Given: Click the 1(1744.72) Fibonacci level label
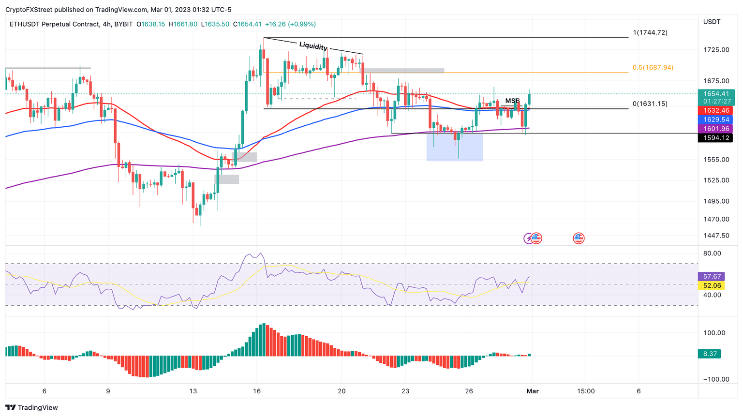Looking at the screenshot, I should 650,32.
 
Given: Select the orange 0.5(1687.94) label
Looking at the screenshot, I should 653,67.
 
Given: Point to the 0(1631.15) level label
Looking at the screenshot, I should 650,104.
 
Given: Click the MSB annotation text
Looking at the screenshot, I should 512,101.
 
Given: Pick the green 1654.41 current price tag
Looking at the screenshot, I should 716,94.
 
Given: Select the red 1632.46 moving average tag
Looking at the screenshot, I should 716,111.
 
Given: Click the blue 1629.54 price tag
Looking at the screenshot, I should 716,119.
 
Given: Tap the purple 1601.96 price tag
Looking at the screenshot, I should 716,129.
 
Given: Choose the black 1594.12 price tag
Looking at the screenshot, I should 716,138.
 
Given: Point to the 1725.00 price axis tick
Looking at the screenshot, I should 716,50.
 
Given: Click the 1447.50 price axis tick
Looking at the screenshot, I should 716,236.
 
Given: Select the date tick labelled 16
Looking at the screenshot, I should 257,391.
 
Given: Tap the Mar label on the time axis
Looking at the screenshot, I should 533,391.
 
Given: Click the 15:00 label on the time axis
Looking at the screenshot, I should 585,391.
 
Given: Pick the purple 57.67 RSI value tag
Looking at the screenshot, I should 712,277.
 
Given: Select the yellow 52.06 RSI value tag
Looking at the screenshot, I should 712,286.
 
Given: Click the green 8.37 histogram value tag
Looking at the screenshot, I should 710,354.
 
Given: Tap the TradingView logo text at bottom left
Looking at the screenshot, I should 32,407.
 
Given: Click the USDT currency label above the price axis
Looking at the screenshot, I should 712,22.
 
